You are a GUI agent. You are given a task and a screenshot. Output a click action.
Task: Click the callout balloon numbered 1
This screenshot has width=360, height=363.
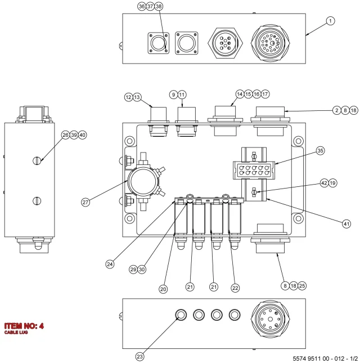pos(330,21)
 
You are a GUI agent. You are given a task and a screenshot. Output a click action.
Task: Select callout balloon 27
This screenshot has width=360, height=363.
pos(85,202)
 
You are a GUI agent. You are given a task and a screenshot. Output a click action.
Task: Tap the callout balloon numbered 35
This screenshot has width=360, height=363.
pos(320,151)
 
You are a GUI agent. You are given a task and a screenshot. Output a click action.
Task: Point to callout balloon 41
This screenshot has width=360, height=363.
pos(346,224)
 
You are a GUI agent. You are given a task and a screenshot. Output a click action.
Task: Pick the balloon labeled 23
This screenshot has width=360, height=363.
pos(139,356)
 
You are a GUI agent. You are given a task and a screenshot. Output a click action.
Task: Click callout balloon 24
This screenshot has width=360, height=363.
pos(110,264)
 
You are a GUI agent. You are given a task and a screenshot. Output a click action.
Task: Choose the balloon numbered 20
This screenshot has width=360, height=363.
pos(163,289)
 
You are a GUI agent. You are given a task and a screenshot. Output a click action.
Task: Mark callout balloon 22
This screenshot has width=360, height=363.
pos(235,288)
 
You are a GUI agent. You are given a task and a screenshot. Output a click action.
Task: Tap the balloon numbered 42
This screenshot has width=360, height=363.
pos(325,183)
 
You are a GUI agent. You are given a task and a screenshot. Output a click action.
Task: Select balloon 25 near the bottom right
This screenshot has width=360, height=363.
pos(302,286)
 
